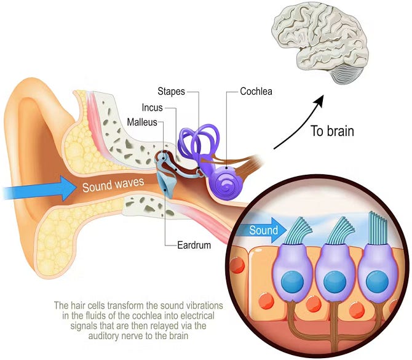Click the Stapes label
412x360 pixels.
tap(171, 92)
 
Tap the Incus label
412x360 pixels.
tap(152, 108)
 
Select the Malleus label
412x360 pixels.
tap(142, 122)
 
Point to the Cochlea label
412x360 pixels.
tap(256, 91)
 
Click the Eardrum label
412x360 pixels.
tap(194, 245)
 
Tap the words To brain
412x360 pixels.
tap(333, 131)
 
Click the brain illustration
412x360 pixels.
tap(320, 42)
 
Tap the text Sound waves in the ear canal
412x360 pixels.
tap(113, 185)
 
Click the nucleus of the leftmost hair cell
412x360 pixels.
tap(293, 281)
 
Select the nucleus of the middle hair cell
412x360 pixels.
tap(335, 281)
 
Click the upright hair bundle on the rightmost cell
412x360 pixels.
tap(378, 228)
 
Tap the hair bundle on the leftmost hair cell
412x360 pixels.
tap(298, 231)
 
